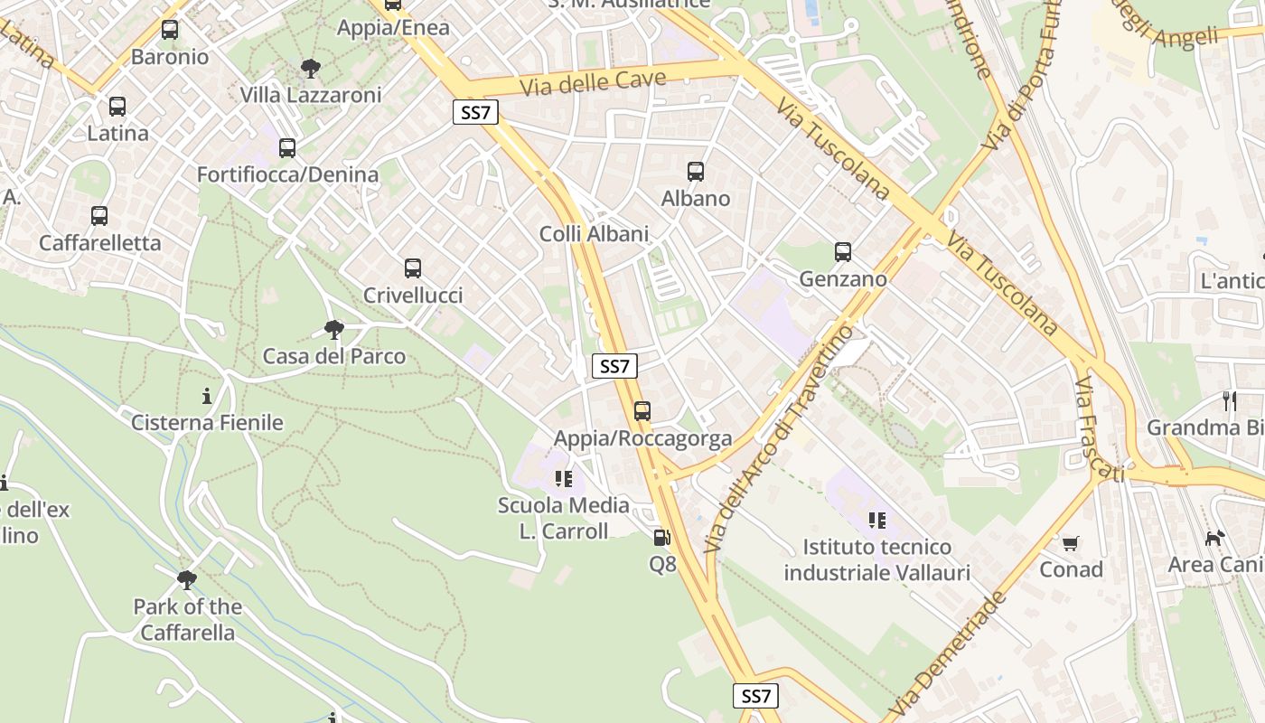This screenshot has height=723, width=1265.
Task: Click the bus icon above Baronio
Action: point(169,30)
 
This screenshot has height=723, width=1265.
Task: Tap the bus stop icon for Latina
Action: point(117,107)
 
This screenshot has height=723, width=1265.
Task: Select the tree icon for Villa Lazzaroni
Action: point(311,68)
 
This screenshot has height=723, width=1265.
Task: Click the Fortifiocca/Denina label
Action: point(287,174)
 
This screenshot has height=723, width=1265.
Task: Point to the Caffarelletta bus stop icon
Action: point(99,216)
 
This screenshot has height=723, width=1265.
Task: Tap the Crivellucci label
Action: point(413,296)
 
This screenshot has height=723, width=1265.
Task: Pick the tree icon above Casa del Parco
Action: point(334,329)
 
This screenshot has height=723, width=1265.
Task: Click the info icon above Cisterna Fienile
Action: point(207,396)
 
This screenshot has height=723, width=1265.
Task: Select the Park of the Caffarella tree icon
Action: point(187,579)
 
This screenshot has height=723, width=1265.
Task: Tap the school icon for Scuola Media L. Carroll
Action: point(564,478)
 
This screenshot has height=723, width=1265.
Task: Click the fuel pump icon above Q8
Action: point(662,538)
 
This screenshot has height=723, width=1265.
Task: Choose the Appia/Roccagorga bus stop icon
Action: point(642,411)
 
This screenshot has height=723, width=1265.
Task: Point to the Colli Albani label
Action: point(594,234)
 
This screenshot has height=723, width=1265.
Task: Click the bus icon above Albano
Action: point(696,172)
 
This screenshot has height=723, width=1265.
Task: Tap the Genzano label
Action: point(843,279)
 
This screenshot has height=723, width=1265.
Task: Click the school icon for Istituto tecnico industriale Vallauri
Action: point(876,520)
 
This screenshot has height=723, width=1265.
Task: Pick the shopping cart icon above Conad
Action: point(1071,543)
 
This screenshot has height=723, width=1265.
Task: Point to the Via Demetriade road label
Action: point(947,654)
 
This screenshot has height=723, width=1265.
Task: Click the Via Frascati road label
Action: point(1098,430)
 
